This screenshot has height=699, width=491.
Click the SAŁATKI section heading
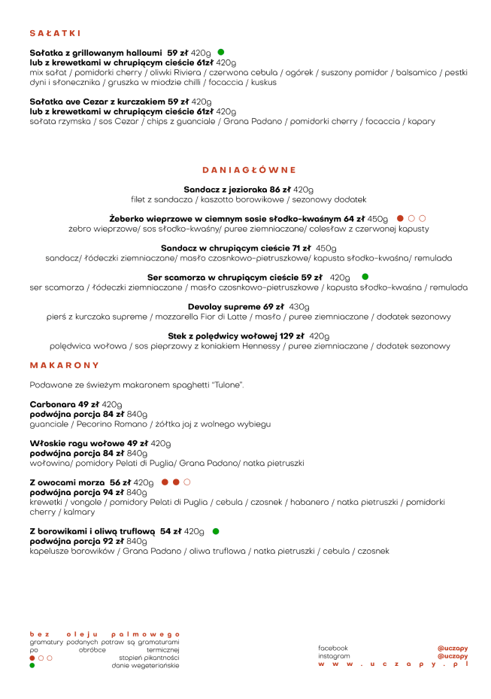(55, 34)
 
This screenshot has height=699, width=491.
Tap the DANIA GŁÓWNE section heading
(249, 170)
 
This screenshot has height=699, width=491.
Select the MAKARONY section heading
(65, 365)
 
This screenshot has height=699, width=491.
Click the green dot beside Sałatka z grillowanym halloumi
(221, 53)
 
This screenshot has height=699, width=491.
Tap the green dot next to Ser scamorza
(365, 278)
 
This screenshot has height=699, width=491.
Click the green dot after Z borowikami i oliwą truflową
(216, 531)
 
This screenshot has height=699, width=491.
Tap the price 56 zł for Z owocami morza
(120, 482)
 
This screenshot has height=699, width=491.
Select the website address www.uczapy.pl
(392, 664)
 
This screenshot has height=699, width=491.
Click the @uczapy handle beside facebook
(453, 648)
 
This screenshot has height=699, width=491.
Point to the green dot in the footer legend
(32, 665)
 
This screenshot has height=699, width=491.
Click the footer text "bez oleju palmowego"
(105, 634)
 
